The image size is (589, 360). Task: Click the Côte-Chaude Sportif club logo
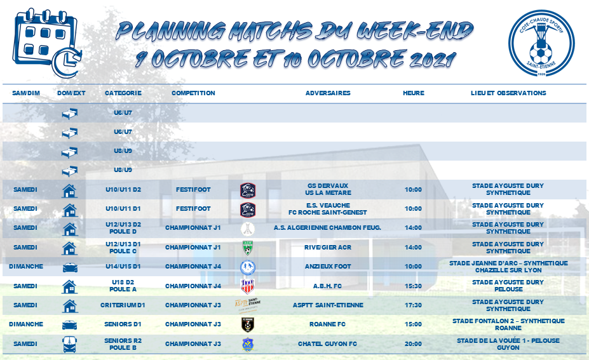[541, 43]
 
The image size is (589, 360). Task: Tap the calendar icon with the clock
[47, 43]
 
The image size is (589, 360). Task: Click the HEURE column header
[414, 93]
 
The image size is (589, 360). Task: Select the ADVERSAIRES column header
[328, 93]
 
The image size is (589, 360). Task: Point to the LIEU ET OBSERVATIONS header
[508, 93]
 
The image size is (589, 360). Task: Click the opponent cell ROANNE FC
[328, 324]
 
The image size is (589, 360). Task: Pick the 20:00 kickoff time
[413, 344]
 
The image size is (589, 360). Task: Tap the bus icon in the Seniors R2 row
[70, 344]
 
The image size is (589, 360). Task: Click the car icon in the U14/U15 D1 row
[70, 267]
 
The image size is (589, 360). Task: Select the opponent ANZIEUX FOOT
[328, 267]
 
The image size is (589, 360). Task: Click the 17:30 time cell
[413, 305]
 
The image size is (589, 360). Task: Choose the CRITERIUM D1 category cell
[123, 305]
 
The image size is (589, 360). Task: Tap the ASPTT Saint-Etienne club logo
[248, 305]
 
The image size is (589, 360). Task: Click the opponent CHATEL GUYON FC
[328, 344]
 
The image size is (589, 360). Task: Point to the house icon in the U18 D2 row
[69, 286]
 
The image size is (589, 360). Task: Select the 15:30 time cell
[413, 286]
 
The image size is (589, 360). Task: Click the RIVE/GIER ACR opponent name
[328, 248]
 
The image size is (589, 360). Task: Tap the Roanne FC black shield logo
[248, 324]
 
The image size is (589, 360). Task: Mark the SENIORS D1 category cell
[123, 324]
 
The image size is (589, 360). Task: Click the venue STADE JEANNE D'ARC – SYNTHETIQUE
[508, 263]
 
